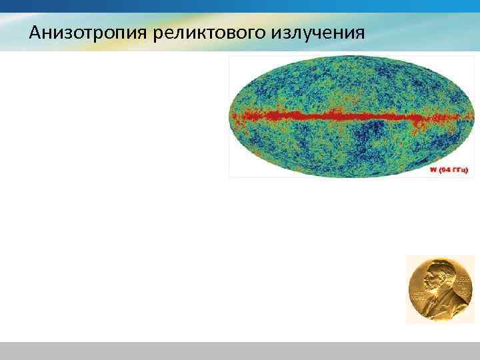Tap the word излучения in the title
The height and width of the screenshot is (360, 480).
pos(318,32)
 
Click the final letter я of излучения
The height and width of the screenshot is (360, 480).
pos(360,33)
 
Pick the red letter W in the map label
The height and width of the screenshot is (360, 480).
pos(433,169)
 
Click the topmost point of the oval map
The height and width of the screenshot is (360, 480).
pos(345,58)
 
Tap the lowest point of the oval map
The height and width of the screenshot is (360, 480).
pos(345,175)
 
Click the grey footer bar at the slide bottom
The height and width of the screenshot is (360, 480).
pos(240,351)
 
